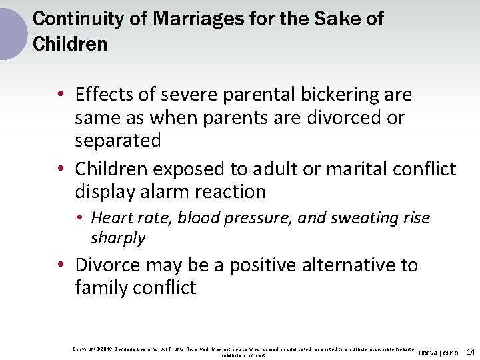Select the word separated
pos(118,141)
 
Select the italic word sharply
pos(118,238)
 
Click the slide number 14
pos(471,351)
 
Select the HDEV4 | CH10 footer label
pos(439,353)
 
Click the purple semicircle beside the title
pos(12,33)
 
